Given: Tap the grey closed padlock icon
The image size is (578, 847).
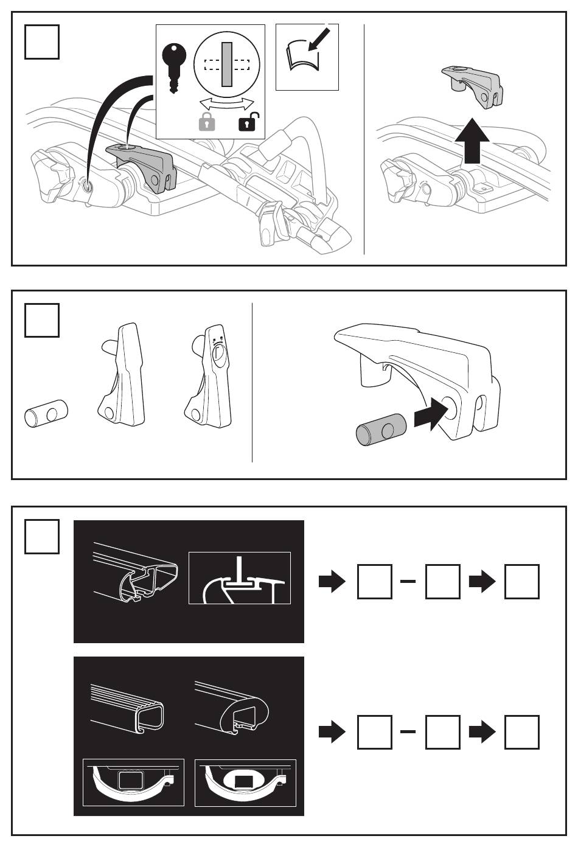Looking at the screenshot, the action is (207, 122).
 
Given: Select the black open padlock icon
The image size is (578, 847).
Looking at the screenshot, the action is (246, 122).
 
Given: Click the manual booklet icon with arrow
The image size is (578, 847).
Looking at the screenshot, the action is (307, 57).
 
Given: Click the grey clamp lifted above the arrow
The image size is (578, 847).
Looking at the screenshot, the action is (472, 86).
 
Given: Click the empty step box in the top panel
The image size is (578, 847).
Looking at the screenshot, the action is (42, 42).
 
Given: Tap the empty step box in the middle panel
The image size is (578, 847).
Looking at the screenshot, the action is (42, 320).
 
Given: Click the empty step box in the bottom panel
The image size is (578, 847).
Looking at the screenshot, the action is (42, 536).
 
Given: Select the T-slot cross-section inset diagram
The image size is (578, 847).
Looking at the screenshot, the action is (240, 578).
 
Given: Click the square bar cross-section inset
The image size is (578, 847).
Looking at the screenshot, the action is (133, 783).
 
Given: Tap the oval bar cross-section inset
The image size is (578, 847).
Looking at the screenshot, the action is (245, 783).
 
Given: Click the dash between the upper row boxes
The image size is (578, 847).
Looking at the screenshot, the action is (408, 582).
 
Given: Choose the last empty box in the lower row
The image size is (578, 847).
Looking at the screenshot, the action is (522, 732).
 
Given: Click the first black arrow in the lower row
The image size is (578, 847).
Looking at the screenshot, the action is (332, 733).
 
